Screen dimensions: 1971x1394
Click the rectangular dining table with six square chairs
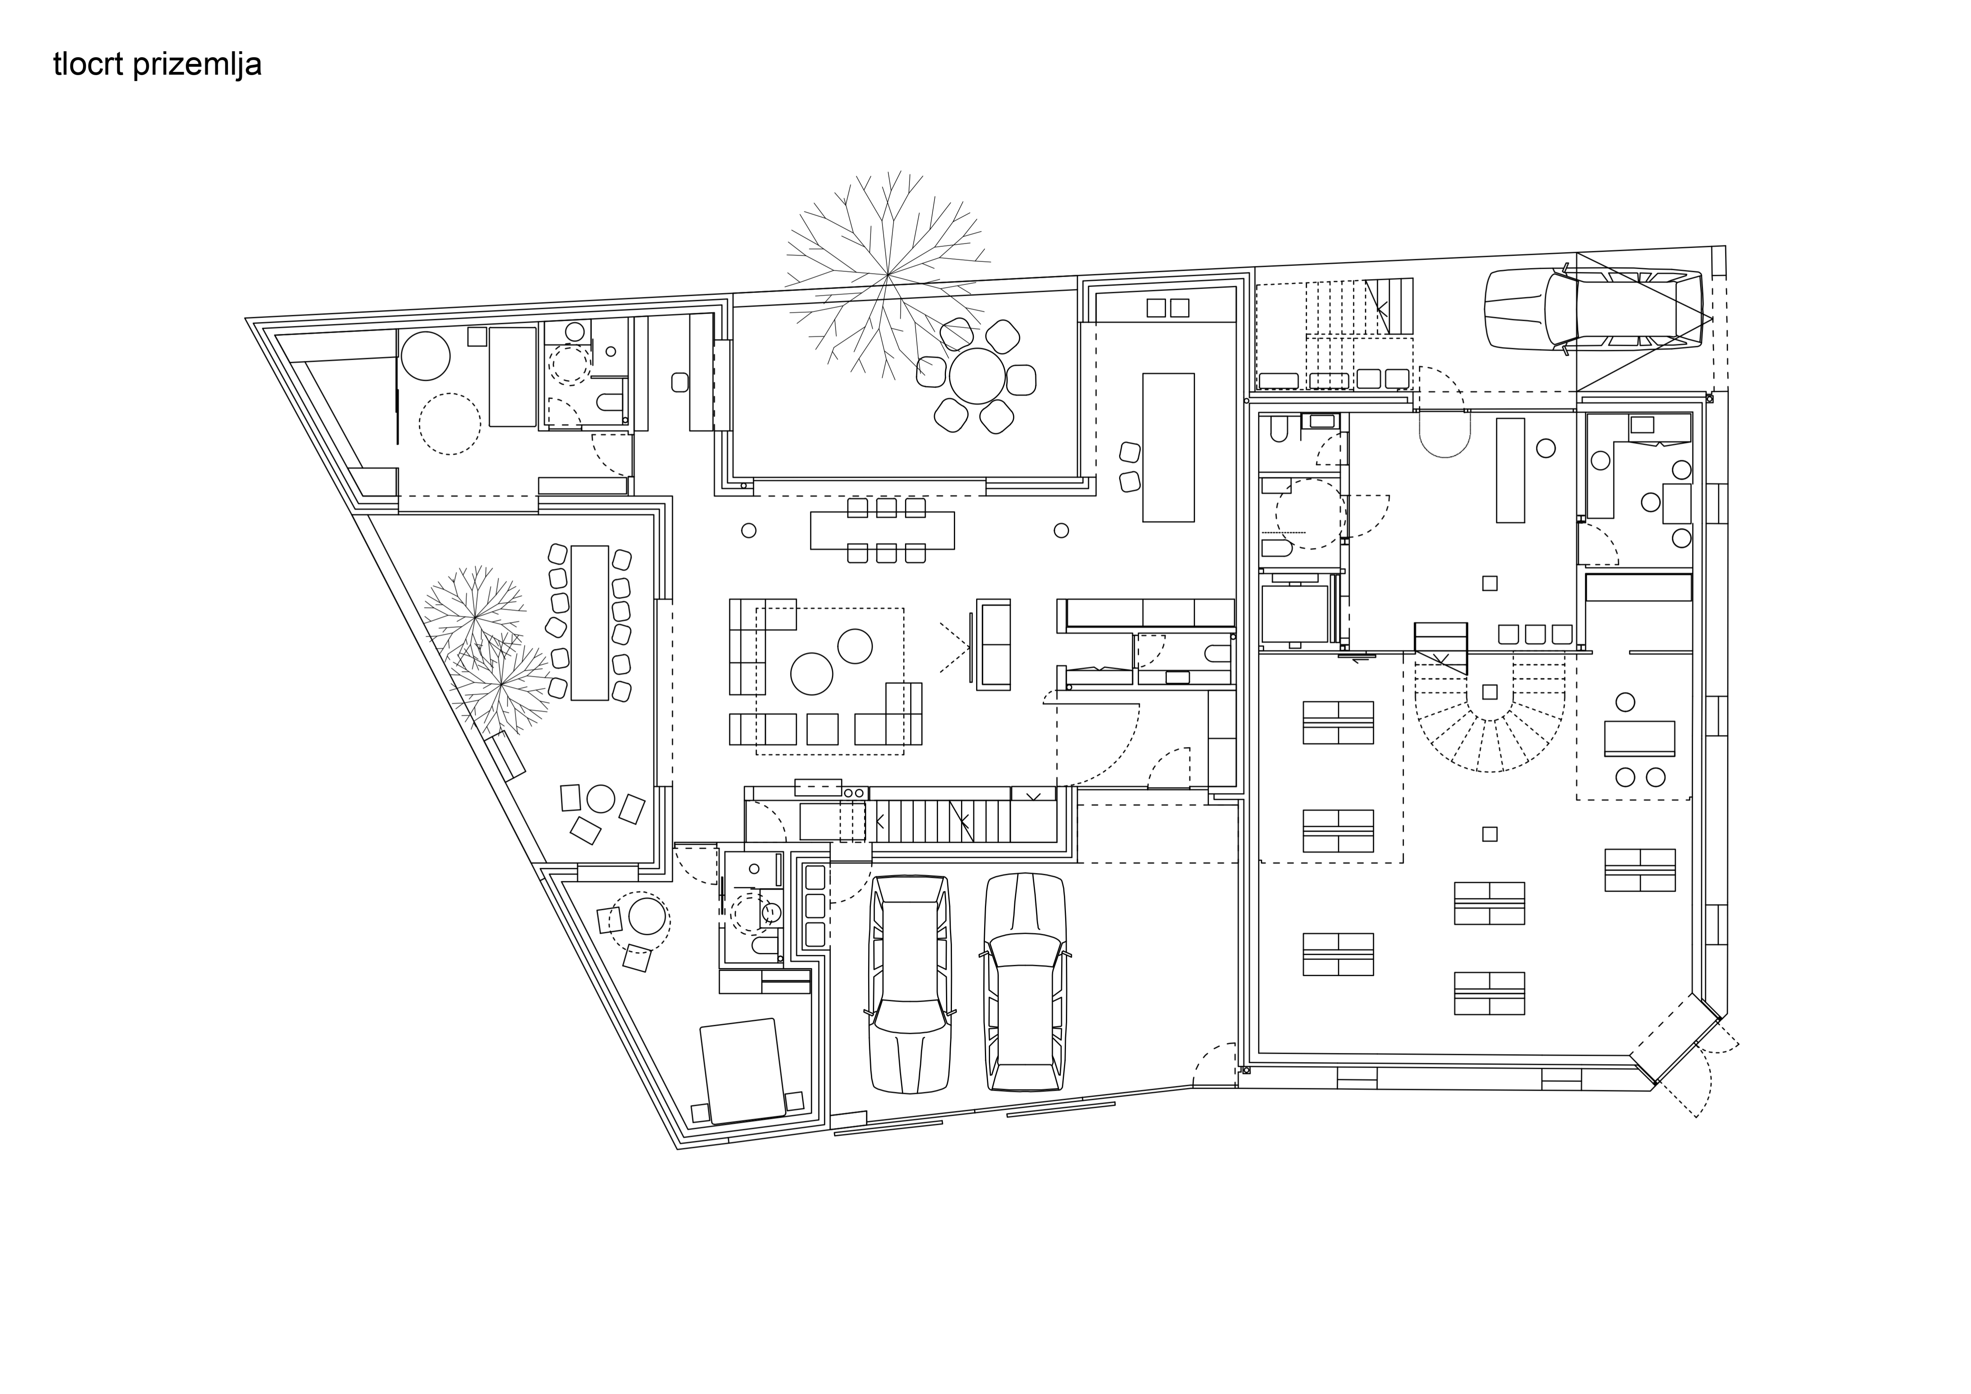(x=882, y=530)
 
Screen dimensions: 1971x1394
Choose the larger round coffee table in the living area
(x=812, y=673)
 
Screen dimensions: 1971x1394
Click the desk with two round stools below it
(x=1640, y=738)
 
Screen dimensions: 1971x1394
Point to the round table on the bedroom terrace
(x=647, y=917)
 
